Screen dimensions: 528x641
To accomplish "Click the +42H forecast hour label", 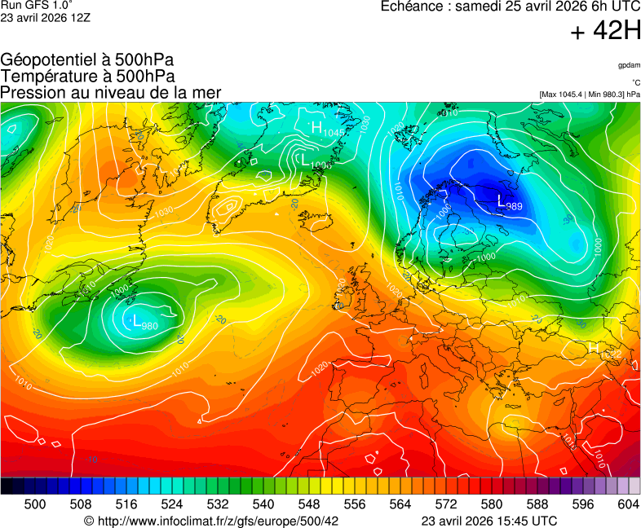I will click(605, 32).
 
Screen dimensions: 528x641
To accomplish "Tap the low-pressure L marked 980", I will click(136, 320).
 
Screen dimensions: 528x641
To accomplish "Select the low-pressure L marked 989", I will click(502, 200).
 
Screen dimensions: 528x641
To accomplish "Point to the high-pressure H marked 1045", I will click(317, 127).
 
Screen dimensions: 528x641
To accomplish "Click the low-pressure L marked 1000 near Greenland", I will click(306, 160).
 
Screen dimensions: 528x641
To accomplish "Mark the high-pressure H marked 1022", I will click(594, 348).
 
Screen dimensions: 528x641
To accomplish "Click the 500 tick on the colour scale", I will click(35, 504).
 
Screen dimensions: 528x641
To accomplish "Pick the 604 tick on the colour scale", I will click(628, 504).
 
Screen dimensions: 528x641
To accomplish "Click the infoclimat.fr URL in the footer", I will click(211, 520).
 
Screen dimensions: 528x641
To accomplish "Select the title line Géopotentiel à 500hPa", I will click(87, 60).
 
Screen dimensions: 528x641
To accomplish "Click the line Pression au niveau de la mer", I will click(111, 92).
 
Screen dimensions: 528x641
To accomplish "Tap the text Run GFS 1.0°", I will click(37, 6).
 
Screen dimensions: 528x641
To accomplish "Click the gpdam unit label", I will click(629, 65).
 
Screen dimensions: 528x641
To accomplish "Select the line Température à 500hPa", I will click(87, 76).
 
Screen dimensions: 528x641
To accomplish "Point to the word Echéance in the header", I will click(413, 7).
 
